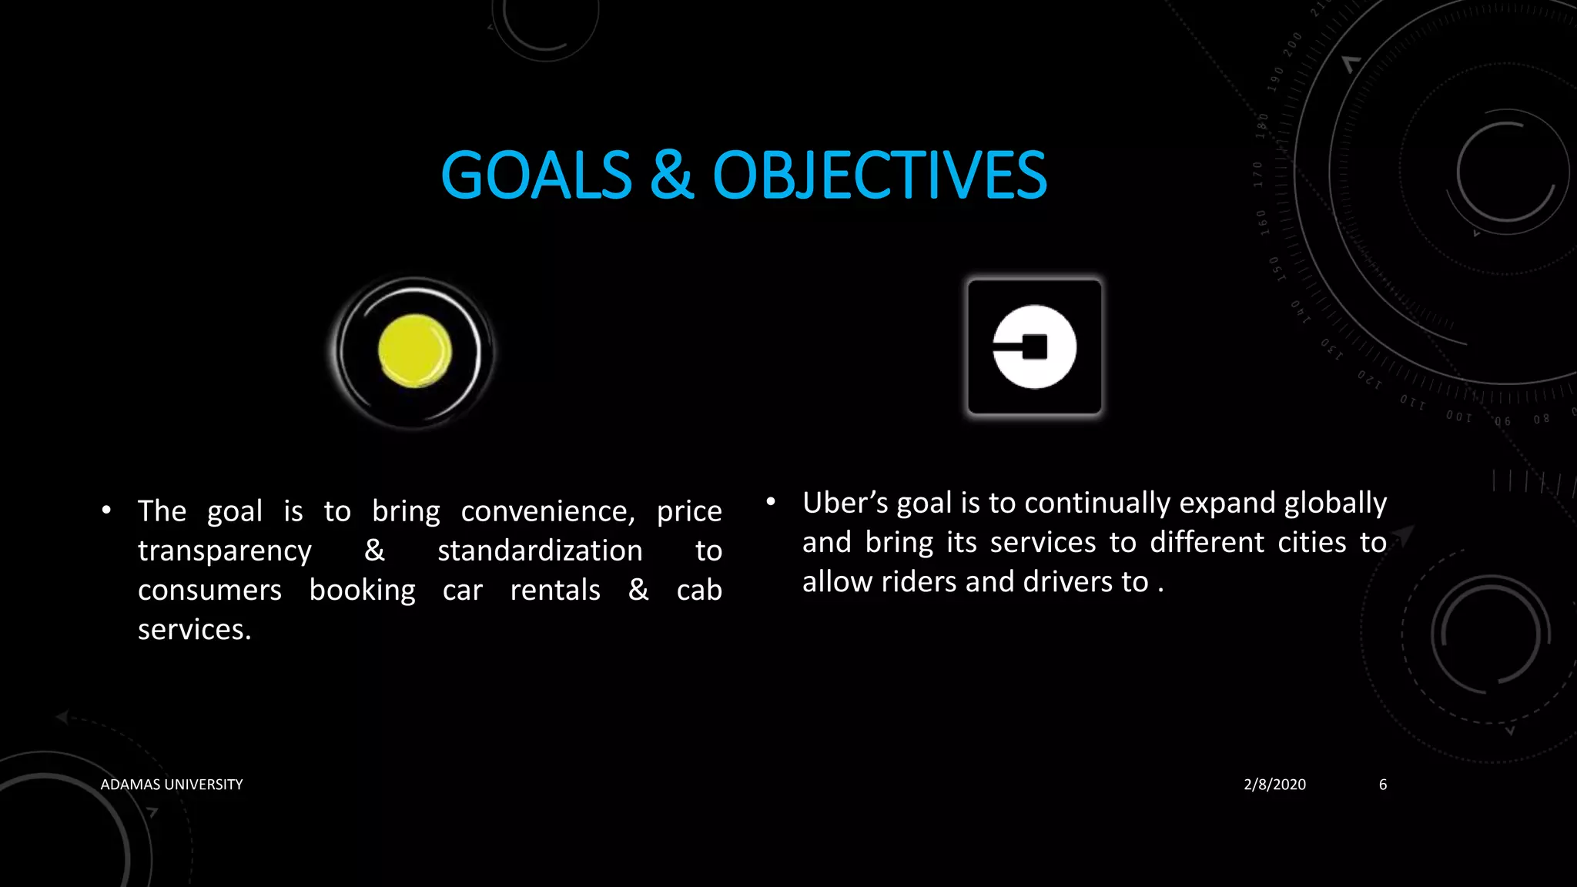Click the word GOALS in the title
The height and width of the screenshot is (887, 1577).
coord(536,176)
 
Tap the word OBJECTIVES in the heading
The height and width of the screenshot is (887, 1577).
coord(879,176)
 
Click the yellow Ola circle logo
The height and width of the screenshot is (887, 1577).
coord(415,351)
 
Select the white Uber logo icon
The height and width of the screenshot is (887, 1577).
coord(1034,347)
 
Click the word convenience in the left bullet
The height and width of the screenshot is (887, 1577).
coord(547,512)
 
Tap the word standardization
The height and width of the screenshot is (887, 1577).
coord(540,551)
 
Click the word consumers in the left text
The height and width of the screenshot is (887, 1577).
coord(209,591)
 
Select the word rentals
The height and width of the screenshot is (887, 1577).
coord(555,591)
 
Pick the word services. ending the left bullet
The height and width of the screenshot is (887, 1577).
coord(194,630)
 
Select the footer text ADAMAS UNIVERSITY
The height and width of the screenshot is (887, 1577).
coord(172,785)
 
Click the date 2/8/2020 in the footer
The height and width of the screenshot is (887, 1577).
coord(1274,785)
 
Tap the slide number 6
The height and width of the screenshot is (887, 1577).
coord(1383,785)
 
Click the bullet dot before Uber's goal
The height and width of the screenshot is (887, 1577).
coord(770,502)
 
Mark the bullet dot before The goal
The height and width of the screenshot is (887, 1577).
coord(106,510)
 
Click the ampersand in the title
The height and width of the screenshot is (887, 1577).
coord(671,176)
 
